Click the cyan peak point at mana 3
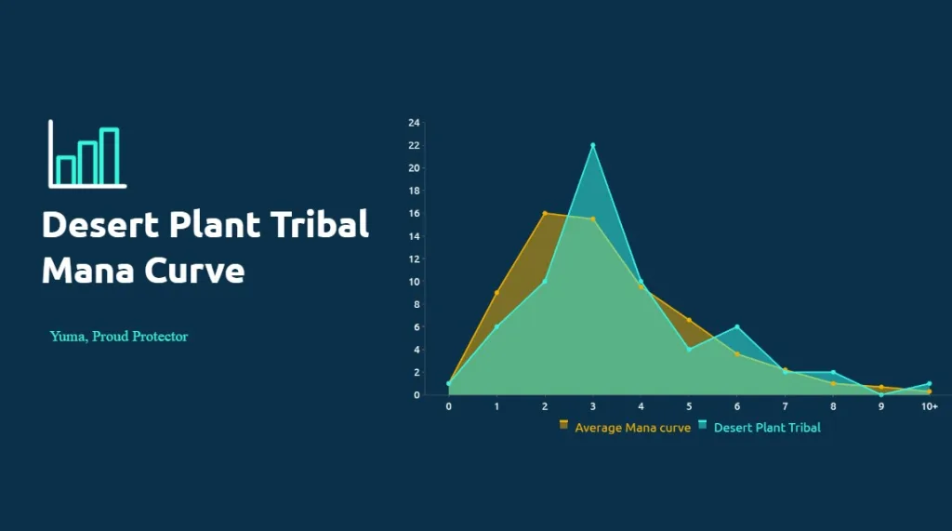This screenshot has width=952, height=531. (592, 145)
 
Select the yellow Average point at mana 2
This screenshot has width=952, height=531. (545, 213)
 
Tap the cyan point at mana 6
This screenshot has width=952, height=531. (737, 326)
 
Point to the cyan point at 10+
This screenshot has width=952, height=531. (929, 383)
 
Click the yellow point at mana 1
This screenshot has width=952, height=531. (496, 293)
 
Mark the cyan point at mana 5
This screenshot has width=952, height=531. (689, 350)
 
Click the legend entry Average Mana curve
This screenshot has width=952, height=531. (626, 427)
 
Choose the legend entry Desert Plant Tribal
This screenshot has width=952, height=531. (760, 427)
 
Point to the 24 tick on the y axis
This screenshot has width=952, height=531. (414, 123)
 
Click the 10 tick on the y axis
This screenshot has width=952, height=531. (414, 282)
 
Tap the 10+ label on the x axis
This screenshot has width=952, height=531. (929, 406)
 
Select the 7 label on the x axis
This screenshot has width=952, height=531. (785, 406)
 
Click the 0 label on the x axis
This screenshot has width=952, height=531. (449, 406)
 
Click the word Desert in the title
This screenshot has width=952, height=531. (100, 224)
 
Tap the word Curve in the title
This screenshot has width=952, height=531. (194, 271)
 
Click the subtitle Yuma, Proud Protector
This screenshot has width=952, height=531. (119, 337)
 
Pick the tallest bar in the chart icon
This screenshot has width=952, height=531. (110, 156)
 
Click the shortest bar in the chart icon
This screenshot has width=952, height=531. (66, 170)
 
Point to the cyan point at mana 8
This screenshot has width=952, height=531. (833, 372)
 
